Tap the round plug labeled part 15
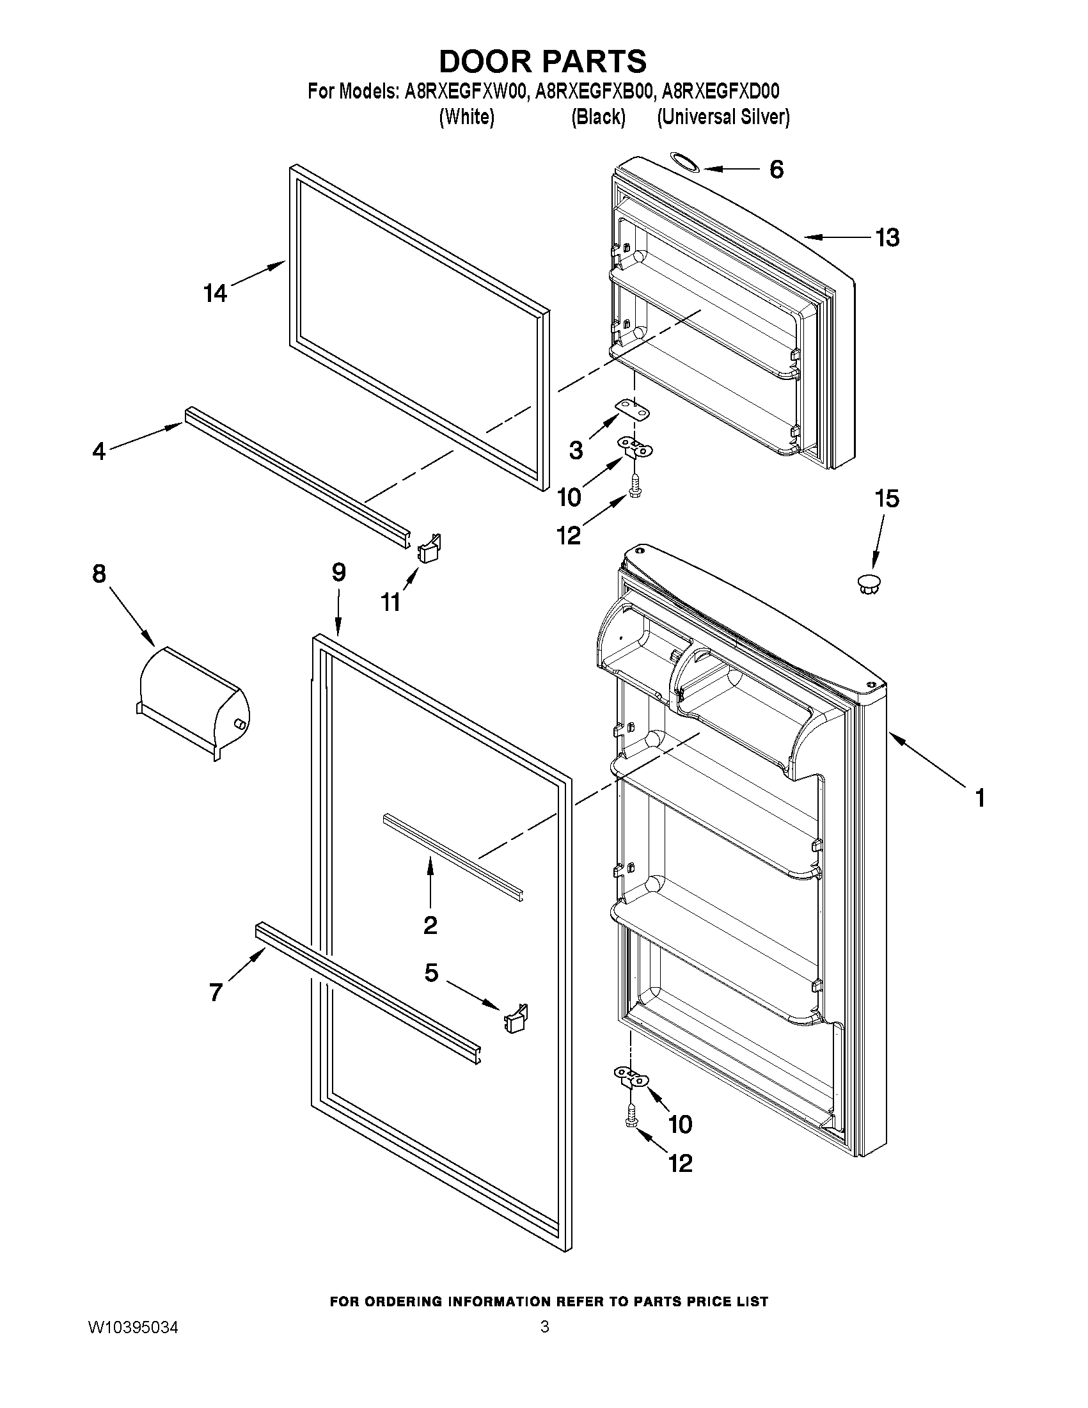869,582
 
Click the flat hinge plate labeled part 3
633,410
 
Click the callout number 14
216,294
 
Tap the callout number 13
887,238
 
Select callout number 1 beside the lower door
979,798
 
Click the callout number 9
339,572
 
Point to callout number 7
216,992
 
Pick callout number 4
99,450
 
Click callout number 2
430,925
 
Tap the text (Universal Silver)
723,117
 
